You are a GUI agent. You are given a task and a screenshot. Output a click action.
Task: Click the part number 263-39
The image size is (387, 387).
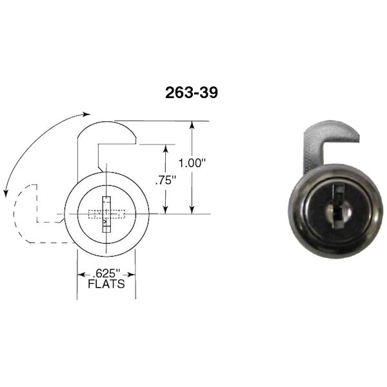pos(191,93)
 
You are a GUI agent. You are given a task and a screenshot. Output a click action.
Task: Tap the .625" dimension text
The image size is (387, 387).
pos(106,272)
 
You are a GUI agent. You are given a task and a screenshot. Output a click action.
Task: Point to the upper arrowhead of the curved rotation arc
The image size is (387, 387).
pos(87,114)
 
